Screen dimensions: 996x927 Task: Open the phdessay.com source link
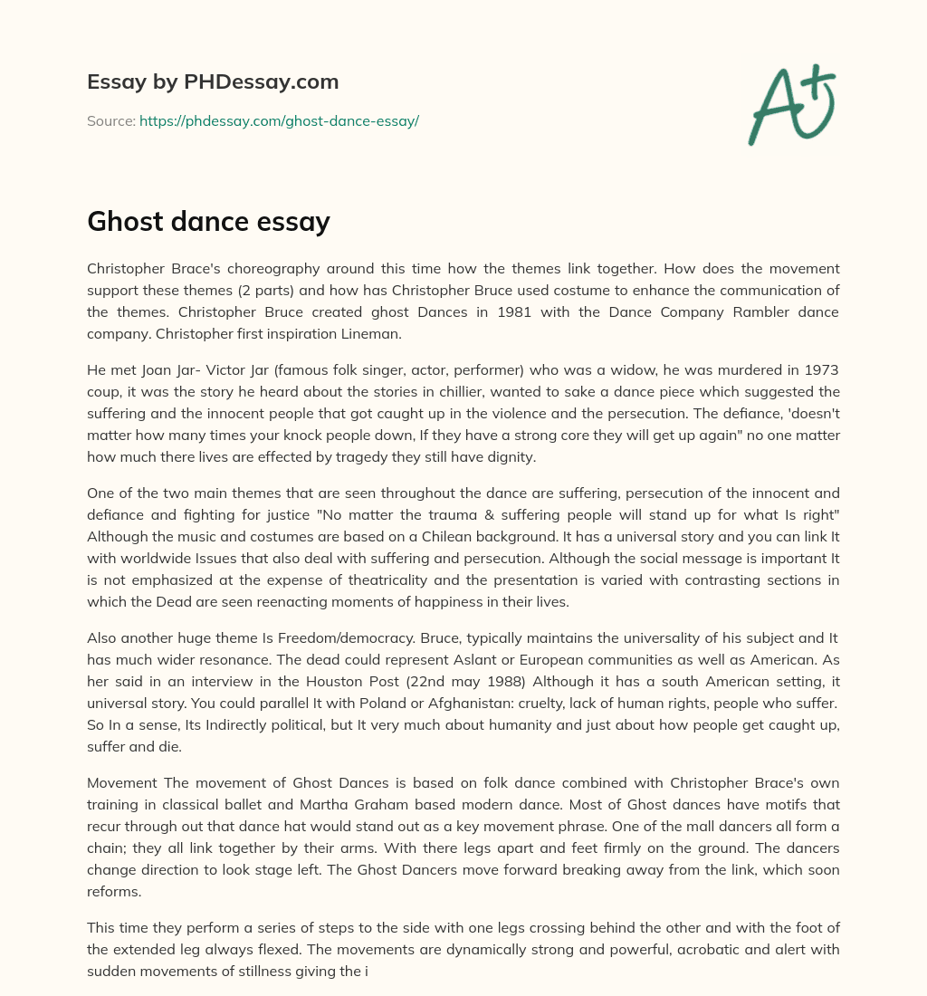point(279,120)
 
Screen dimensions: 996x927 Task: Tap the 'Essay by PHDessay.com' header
point(213,81)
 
